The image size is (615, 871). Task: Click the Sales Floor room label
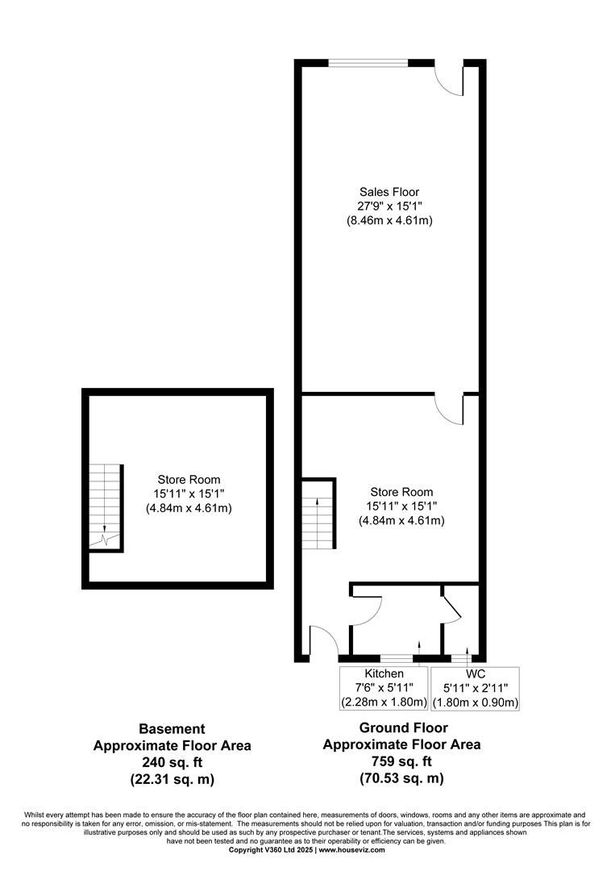click(389, 192)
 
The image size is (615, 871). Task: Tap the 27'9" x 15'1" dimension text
click(389, 206)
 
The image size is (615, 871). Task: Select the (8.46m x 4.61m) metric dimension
click(389, 220)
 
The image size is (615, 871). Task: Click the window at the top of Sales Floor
click(368, 63)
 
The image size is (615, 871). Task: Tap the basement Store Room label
click(189, 480)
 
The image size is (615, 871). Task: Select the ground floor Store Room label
click(401, 492)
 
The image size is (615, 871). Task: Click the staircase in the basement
click(105, 506)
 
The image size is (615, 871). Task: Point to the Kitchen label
click(384, 673)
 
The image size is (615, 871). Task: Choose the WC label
click(476, 673)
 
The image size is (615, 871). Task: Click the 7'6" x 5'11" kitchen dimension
click(384, 688)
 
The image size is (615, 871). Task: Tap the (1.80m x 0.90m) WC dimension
click(476, 702)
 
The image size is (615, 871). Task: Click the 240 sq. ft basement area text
click(172, 763)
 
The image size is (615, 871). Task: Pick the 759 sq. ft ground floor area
click(402, 761)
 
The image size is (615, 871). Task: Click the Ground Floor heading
click(404, 727)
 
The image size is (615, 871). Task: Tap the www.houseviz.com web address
click(352, 850)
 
